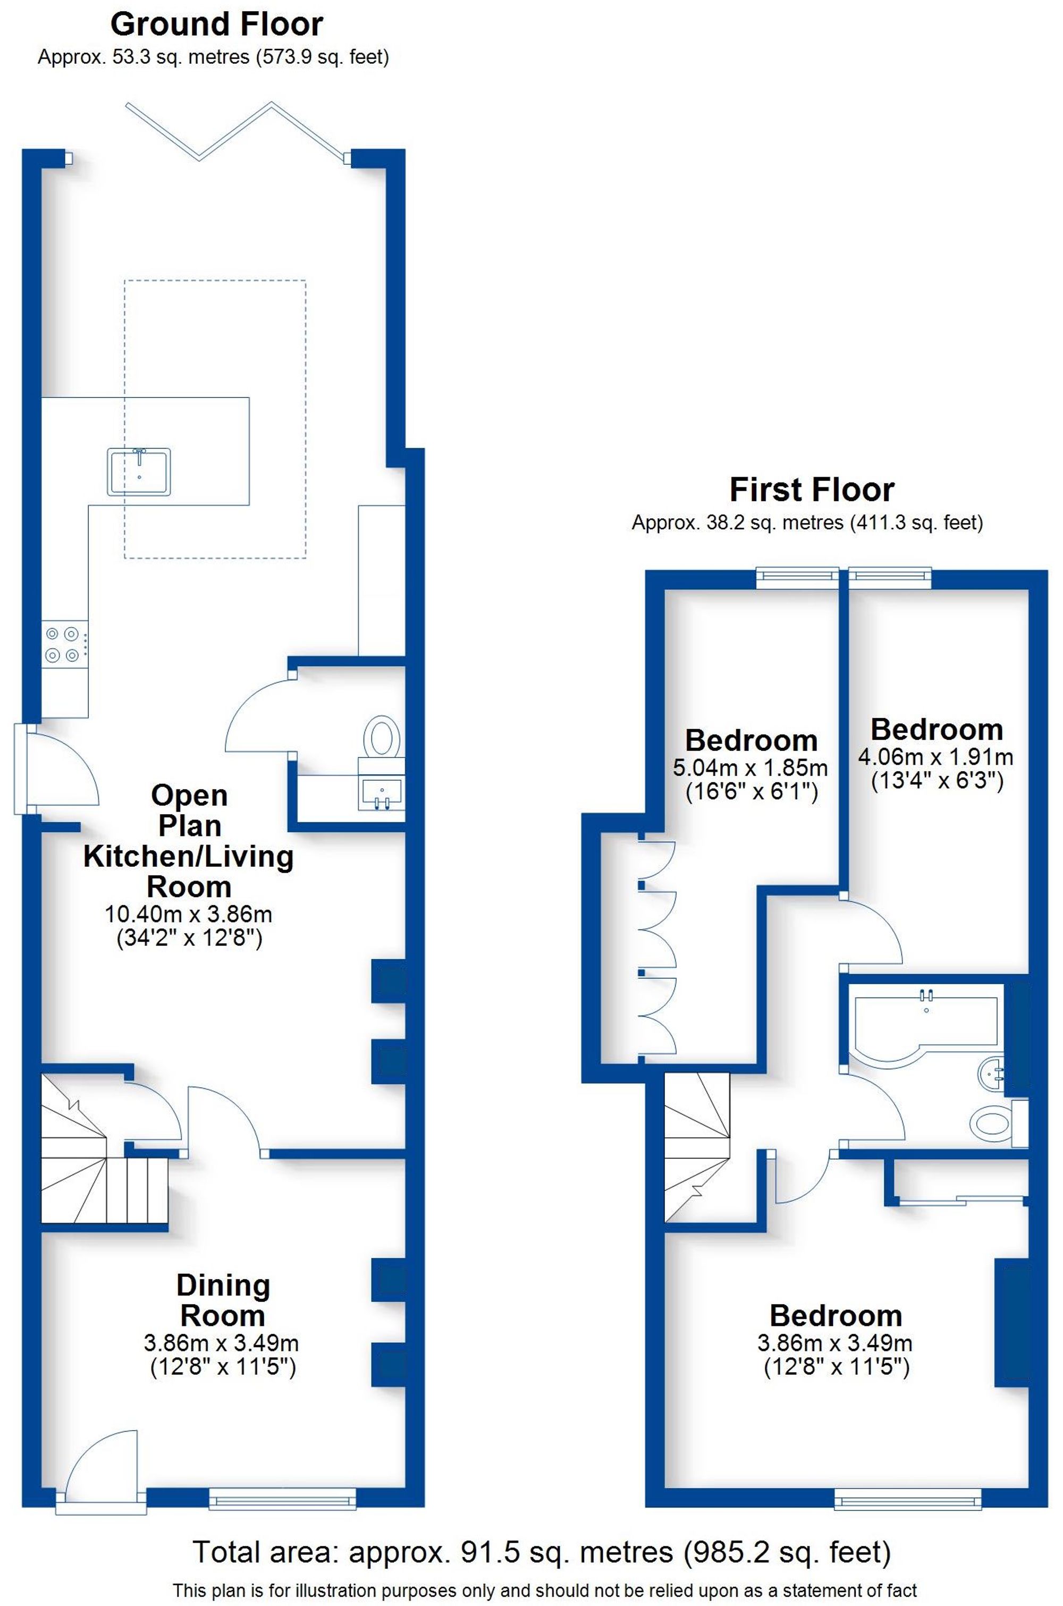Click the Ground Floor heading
pyautogui.click(x=216, y=25)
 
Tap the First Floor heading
pyautogui.click(x=811, y=490)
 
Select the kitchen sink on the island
pyautogui.click(x=138, y=471)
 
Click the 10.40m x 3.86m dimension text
pyautogui.click(x=189, y=914)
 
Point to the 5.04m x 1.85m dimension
pyautogui.click(x=750, y=768)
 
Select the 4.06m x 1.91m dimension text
pyautogui.click(x=935, y=757)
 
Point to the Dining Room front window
pyautogui.click(x=282, y=1498)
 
